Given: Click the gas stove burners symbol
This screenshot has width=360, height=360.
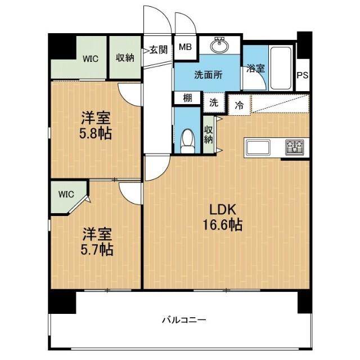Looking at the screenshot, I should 294,147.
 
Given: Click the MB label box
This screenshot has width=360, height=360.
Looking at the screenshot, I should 185,47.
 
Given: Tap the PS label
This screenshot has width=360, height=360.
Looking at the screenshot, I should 303,75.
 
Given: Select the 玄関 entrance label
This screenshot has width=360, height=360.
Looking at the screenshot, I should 158,49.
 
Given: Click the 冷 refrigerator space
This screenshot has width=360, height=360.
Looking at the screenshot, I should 240,104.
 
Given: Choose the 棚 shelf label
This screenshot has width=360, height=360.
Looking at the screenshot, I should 187,97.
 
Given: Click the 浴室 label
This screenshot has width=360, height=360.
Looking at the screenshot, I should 256,69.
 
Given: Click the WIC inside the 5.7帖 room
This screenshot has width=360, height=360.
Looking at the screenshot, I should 66,195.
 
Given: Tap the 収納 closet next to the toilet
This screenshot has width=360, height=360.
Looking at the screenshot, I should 209,134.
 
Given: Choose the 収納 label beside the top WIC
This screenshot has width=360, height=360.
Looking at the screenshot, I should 125,57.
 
